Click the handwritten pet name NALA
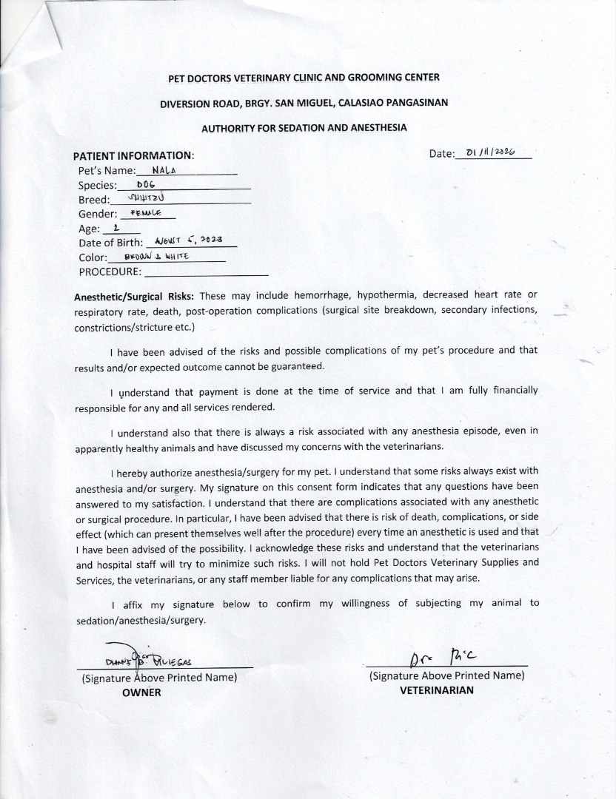coord(162,169)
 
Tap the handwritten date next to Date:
coord(490,152)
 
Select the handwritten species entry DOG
coord(144,185)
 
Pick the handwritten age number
coord(115,228)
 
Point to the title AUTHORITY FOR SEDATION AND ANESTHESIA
coord(304,127)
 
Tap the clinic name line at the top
coord(304,77)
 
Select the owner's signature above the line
coord(152,661)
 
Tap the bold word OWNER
coord(141,692)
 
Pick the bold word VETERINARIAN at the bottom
coord(437,690)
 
